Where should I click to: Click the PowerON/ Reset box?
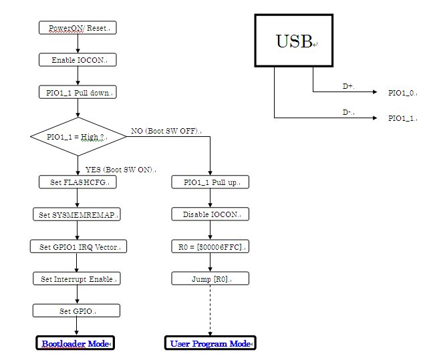click(78, 28)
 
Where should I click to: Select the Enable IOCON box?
click(78, 60)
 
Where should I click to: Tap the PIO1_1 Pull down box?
click(78, 92)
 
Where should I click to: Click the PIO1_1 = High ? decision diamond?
click(78, 137)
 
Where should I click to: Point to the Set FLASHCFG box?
click(78, 182)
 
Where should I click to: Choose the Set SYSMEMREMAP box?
click(78, 214)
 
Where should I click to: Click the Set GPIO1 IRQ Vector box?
click(78, 246)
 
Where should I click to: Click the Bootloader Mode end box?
click(76, 343)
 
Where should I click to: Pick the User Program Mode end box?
click(210, 343)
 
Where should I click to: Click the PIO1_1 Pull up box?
click(210, 182)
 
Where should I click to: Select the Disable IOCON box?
click(210, 214)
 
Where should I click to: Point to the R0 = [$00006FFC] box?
click(210, 246)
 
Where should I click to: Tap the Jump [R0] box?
click(210, 279)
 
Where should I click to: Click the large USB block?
click(295, 41)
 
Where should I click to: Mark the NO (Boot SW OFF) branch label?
click(166, 132)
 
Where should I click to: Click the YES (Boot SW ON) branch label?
click(120, 170)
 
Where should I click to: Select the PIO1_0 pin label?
click(402, 93)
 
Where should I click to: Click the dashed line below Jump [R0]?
click(210, 311)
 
